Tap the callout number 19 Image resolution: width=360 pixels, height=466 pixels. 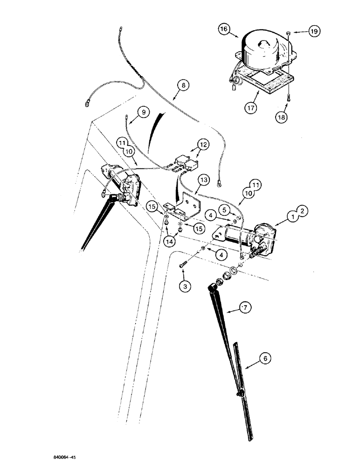pyautogui.click(x=312, y=32)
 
